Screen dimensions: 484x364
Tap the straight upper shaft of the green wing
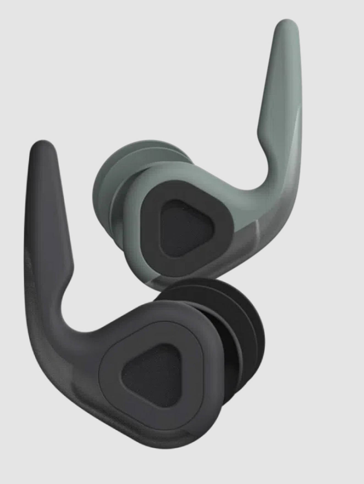click(278, 77)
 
